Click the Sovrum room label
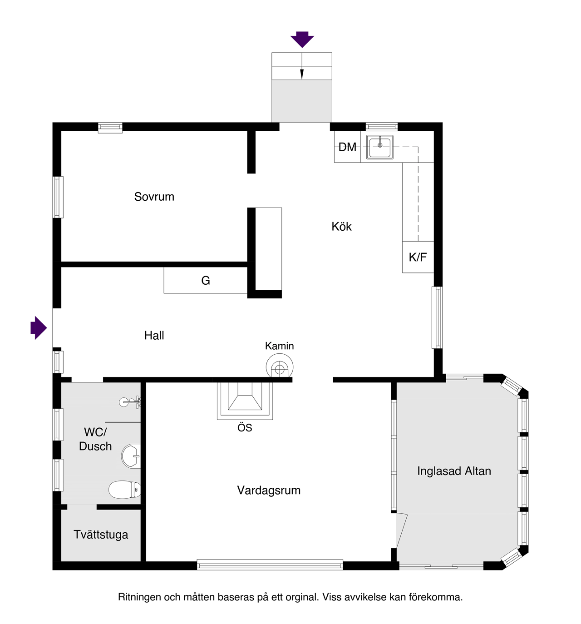[154, 197]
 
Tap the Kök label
[341, 227]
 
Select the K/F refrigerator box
[418, 257]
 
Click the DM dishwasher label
[347, 147]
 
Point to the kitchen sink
[380, 147]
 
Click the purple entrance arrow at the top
[302, 39]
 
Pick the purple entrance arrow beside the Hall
[39, 327]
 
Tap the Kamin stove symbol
[280, 367]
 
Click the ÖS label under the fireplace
[245, 428]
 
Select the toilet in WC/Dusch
[124, 490]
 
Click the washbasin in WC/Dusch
[131, 456]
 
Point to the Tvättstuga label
[101, 535]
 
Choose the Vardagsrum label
[269, 490]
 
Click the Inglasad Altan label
[454, 471]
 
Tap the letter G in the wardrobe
[206, 281]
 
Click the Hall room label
[154, 336]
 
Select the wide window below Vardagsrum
[270, 565]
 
